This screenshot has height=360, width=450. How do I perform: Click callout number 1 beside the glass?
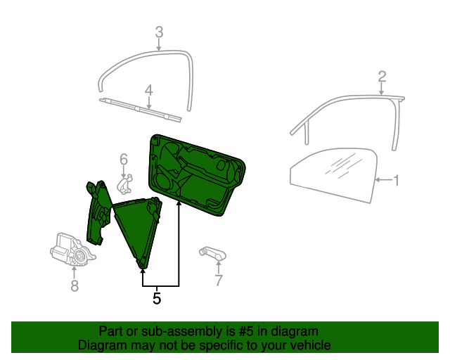pos(396,181)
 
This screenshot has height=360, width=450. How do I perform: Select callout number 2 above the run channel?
pos(382,77)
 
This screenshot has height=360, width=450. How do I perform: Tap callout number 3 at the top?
pos(159,32)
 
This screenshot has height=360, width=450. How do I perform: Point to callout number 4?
pos(148,91)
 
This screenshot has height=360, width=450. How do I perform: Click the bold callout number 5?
pos(157,298)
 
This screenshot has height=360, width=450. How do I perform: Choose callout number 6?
pos(124,160)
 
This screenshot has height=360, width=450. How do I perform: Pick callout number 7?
pos(219,281)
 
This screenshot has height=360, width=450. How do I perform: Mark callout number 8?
pos(75,286)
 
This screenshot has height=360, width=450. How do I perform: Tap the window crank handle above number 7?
pos(213,253)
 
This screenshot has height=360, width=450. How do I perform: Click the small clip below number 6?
pos(125,184)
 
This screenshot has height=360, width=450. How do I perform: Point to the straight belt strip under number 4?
pos(141,110)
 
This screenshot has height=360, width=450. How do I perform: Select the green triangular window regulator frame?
pos(137,230)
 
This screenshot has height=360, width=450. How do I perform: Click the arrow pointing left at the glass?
pos(384,180)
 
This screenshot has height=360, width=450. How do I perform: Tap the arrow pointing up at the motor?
pos(74,272)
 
